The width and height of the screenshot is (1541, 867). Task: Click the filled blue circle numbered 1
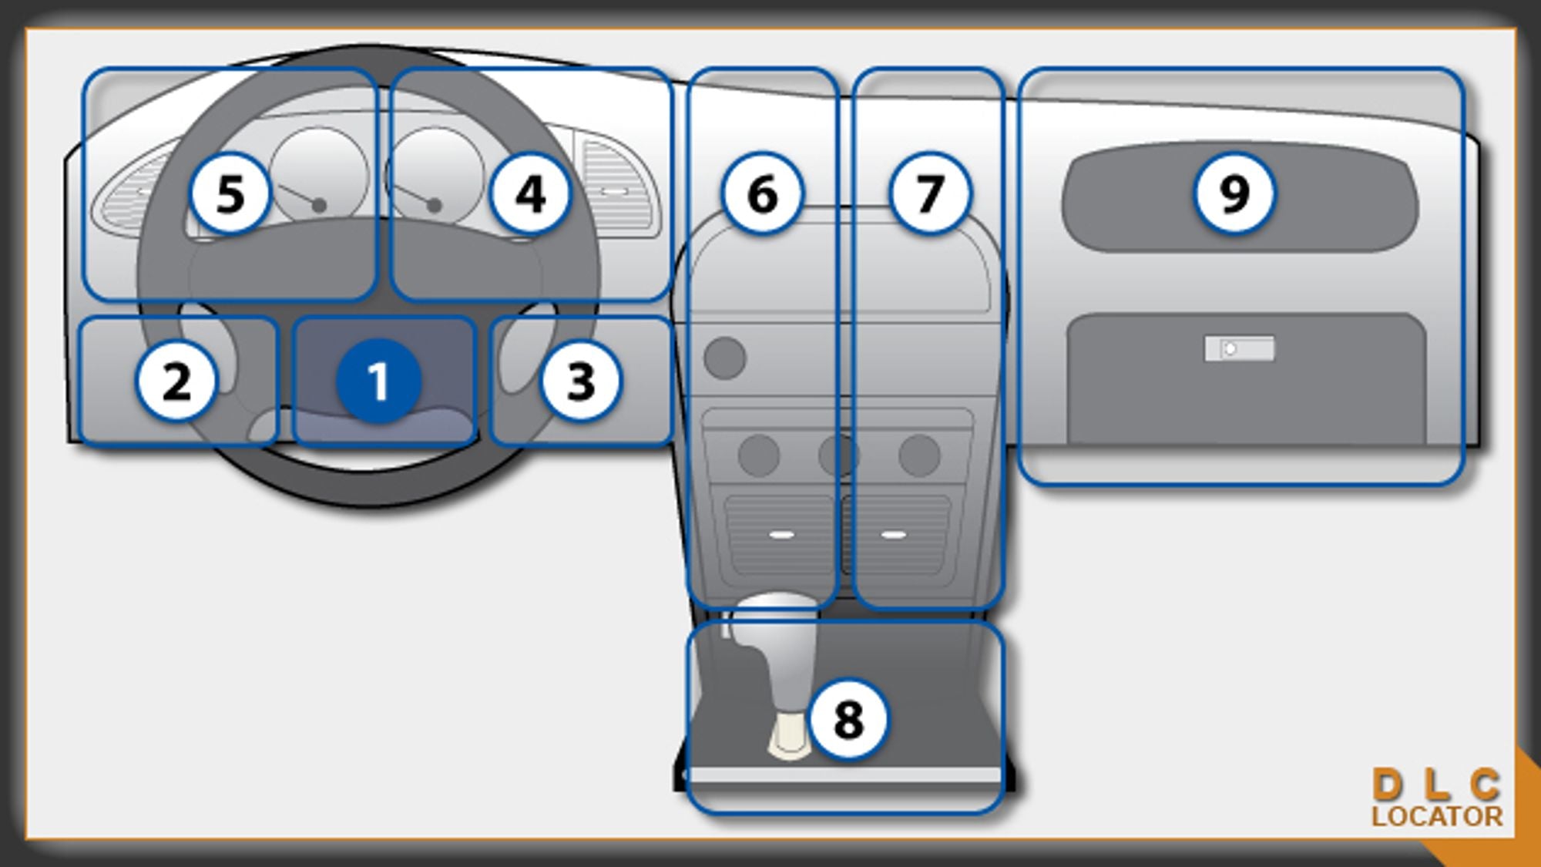pos(378,381)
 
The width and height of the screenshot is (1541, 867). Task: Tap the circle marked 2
pos(176,381)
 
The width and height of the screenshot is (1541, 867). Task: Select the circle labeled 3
pos(580,381)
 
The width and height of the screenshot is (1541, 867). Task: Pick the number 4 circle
pos(531,193)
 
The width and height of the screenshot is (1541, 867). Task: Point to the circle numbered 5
pos(230,193)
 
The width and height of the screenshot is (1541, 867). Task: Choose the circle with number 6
pos(762,193)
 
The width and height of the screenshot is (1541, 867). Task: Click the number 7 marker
pos(929,193)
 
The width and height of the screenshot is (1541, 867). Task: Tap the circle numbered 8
pos(848,719)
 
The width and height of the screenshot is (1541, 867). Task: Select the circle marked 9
pos(1234,193)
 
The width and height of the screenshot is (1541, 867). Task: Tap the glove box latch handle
pos(1239,349)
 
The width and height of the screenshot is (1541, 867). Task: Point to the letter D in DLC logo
pos(1387,785)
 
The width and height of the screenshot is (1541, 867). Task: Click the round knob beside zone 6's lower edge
pos(724,358)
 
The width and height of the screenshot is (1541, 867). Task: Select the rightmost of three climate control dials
pos(919,455)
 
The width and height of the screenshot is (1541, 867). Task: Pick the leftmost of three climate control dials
pos(758,455)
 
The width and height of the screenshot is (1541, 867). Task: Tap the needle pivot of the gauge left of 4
pos(435,206)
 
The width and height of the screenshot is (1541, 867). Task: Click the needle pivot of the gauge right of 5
pos(319,206)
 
